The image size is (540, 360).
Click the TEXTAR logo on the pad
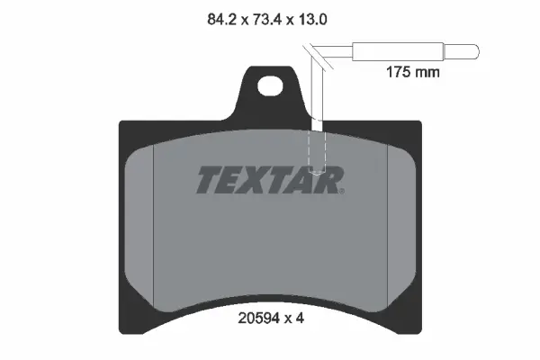coord(269,180)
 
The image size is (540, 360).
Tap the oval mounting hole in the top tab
coord(269,87)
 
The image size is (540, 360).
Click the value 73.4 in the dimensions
coord(271,17)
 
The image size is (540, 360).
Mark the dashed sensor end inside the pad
coord(315,153)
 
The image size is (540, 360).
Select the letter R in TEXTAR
coord(328,180)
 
